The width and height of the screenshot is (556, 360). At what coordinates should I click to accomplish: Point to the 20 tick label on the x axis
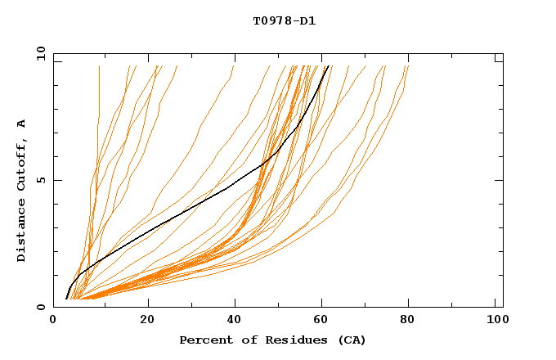click(x=147, y=322)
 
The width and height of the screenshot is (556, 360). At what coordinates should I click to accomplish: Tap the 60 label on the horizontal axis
click(x=324, y=322)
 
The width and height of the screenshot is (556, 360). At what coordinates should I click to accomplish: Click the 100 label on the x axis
click(x=495, y=322)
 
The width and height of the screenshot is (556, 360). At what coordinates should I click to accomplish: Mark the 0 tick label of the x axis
click(x=54, y=322)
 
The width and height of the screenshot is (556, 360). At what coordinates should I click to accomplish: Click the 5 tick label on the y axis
click(x=40, y=180)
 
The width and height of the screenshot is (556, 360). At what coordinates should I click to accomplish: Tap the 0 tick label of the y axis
click(x=40, y=307)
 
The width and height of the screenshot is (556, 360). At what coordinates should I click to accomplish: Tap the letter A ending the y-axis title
click(x=22, y=124)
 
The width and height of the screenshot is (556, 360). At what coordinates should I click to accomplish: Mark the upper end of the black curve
click(x=327, y=66)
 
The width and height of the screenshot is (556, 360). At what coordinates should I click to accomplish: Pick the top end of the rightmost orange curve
click(x=407, y=66)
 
